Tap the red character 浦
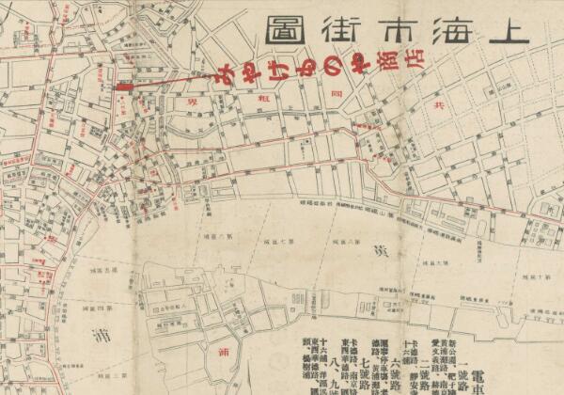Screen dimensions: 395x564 pos(223,355)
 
